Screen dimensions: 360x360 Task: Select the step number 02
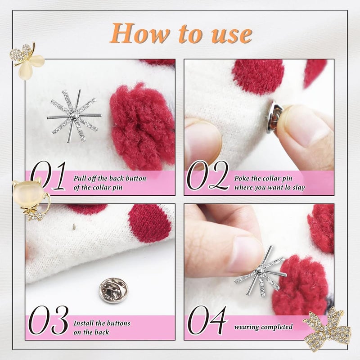pos(207,176)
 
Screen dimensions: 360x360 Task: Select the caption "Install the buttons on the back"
pos(102,328)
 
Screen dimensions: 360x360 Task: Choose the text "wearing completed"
pos(263,327)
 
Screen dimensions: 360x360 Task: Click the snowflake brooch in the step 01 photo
pos(74,116)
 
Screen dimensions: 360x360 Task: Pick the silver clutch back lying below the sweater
pos(113,290)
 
